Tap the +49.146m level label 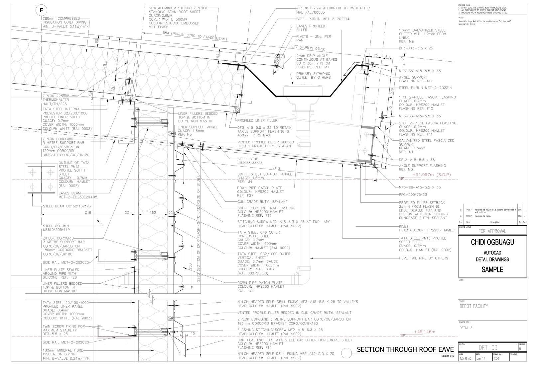point(425,332)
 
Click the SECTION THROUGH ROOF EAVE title point(405,349)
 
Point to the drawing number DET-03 point(488,348)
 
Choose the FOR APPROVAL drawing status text point(492,231)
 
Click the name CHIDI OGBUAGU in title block point(492,243)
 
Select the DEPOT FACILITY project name point(474,306)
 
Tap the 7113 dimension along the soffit point(276,168)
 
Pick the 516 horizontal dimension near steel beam point(88,212)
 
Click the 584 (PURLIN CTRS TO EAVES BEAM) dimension point(195,36)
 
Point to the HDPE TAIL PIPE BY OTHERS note point(423,258)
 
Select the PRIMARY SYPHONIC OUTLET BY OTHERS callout point(313,76)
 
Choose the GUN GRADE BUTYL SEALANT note point(262,202)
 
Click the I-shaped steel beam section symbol point(41,180)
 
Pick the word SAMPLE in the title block point(492,270)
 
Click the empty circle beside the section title point(346,353)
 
